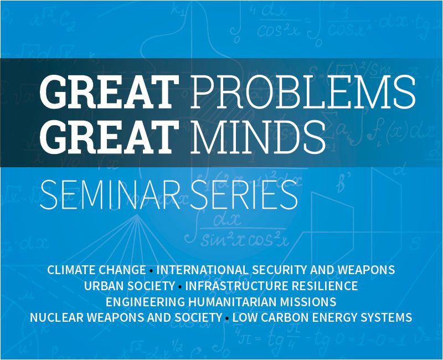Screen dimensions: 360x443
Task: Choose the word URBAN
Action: tap(103, 286)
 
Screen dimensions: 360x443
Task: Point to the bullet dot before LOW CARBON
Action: tap(227, 319)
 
